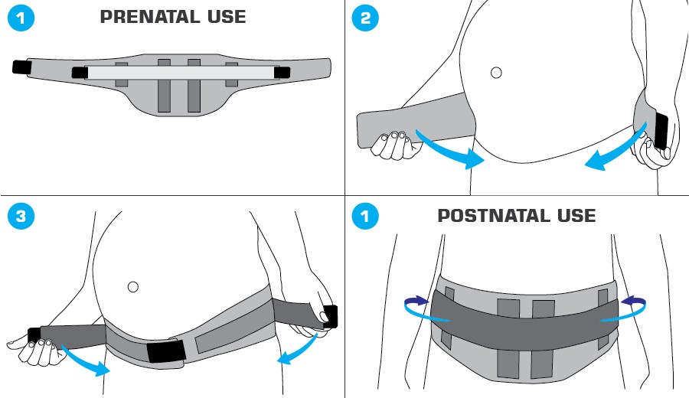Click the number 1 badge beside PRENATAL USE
(x=21, y=19)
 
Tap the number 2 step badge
(x=366, y=19)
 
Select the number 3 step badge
(x=21, y=217)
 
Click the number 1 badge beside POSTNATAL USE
(x=366, y=217)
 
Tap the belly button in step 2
(x=496, y=73)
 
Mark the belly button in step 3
(x=133, y=287)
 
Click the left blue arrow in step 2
(x=452, y=150)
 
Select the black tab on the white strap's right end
(x=282, y=73)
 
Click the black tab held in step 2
(x=660, y=132)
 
